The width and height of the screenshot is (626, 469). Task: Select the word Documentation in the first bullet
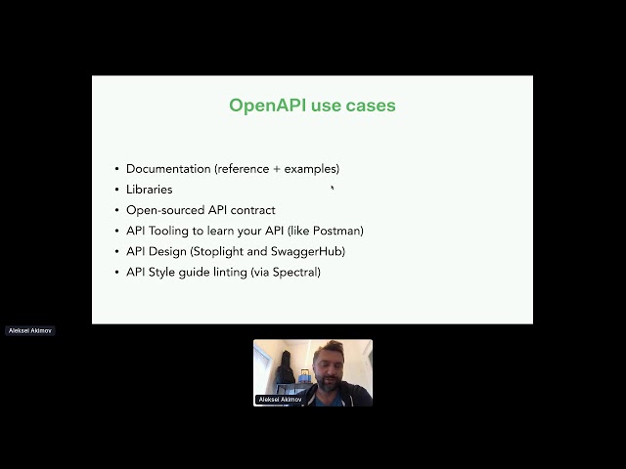(x=168, y=169)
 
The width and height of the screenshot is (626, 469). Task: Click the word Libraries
(x=149, y=190)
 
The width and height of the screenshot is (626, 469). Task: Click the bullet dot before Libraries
(x=117, y=190)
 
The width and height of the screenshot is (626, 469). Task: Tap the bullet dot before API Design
(x=117, y=251)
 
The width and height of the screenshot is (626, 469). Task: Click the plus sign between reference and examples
(x=276, y=169)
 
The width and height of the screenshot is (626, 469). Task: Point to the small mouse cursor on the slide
(x=333, y=189)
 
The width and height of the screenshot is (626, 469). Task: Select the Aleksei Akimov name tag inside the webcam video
(x=279, y=400)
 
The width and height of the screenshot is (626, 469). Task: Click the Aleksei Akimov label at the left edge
(x=30, y=330)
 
